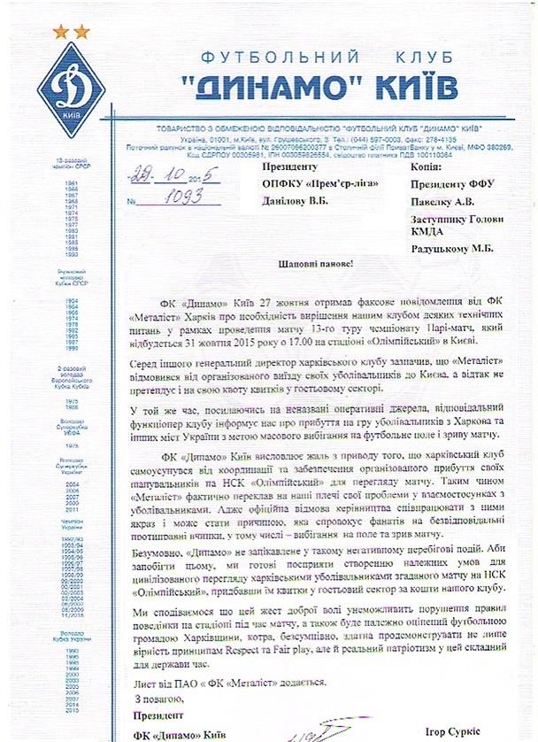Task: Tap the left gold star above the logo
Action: (61, 32)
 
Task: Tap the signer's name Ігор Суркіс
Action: (479, 733)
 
